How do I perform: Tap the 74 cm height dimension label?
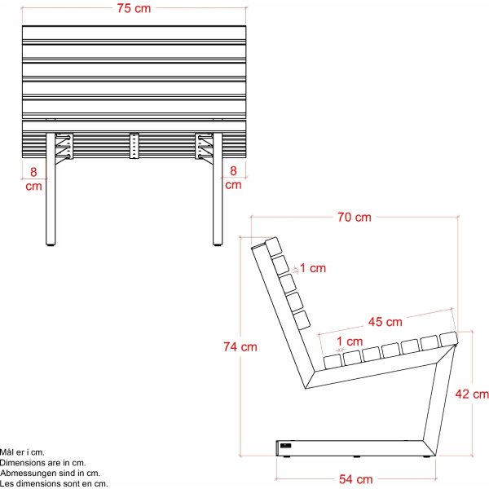point(240,346)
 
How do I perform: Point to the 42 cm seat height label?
point(472,394)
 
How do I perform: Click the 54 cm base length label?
point(355,479)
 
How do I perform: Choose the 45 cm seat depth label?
point(384,322)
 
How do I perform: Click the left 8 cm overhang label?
point(33,178)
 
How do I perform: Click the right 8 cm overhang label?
point(234,178)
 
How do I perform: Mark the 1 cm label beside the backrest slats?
point(313,267)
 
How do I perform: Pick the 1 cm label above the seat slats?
point(349,341)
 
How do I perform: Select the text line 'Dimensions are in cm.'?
point(43,462)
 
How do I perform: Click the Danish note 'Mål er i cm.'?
point(23,452)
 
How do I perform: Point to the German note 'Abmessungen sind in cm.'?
point(50,473)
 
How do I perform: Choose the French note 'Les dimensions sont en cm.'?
point(54,483)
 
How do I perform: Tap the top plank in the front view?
point(134,34)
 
